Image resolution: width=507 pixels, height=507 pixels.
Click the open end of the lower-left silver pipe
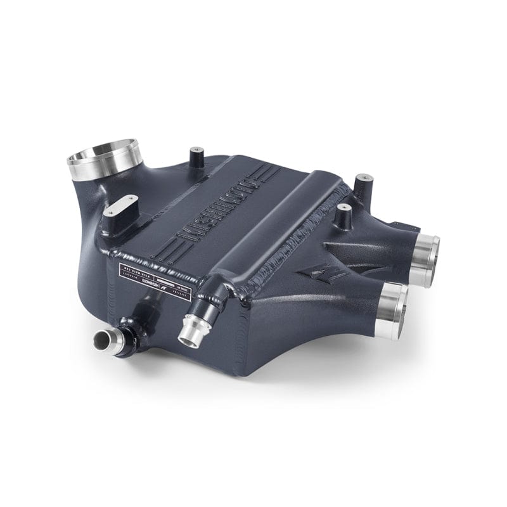(x=101, y=340)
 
